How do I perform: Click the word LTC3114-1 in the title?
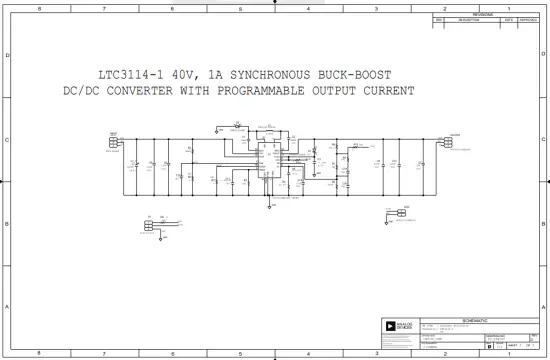(x=131, y=75)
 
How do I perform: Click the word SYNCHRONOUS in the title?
(x=268, y=75)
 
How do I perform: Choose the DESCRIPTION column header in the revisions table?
(x=468, y=20)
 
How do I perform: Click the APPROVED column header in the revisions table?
(x=528, y=20)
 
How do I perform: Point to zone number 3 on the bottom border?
(x=375, y=353)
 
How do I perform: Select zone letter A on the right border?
(x=543, y=307)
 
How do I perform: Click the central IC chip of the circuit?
(x=268, y=160)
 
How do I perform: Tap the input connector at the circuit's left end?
(x=113, y=141)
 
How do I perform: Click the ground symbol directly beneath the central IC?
(x=269, y=206)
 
